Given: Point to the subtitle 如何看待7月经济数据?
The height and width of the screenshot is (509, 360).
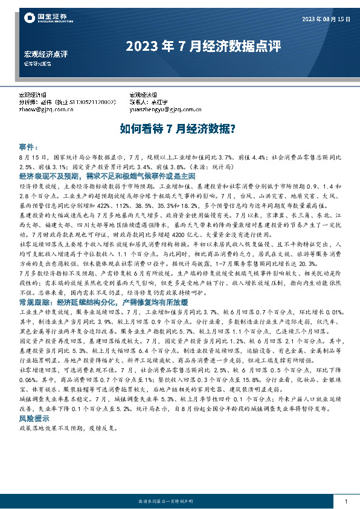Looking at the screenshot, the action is click(179, 129).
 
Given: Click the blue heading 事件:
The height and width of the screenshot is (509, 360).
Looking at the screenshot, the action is click(29, 147).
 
